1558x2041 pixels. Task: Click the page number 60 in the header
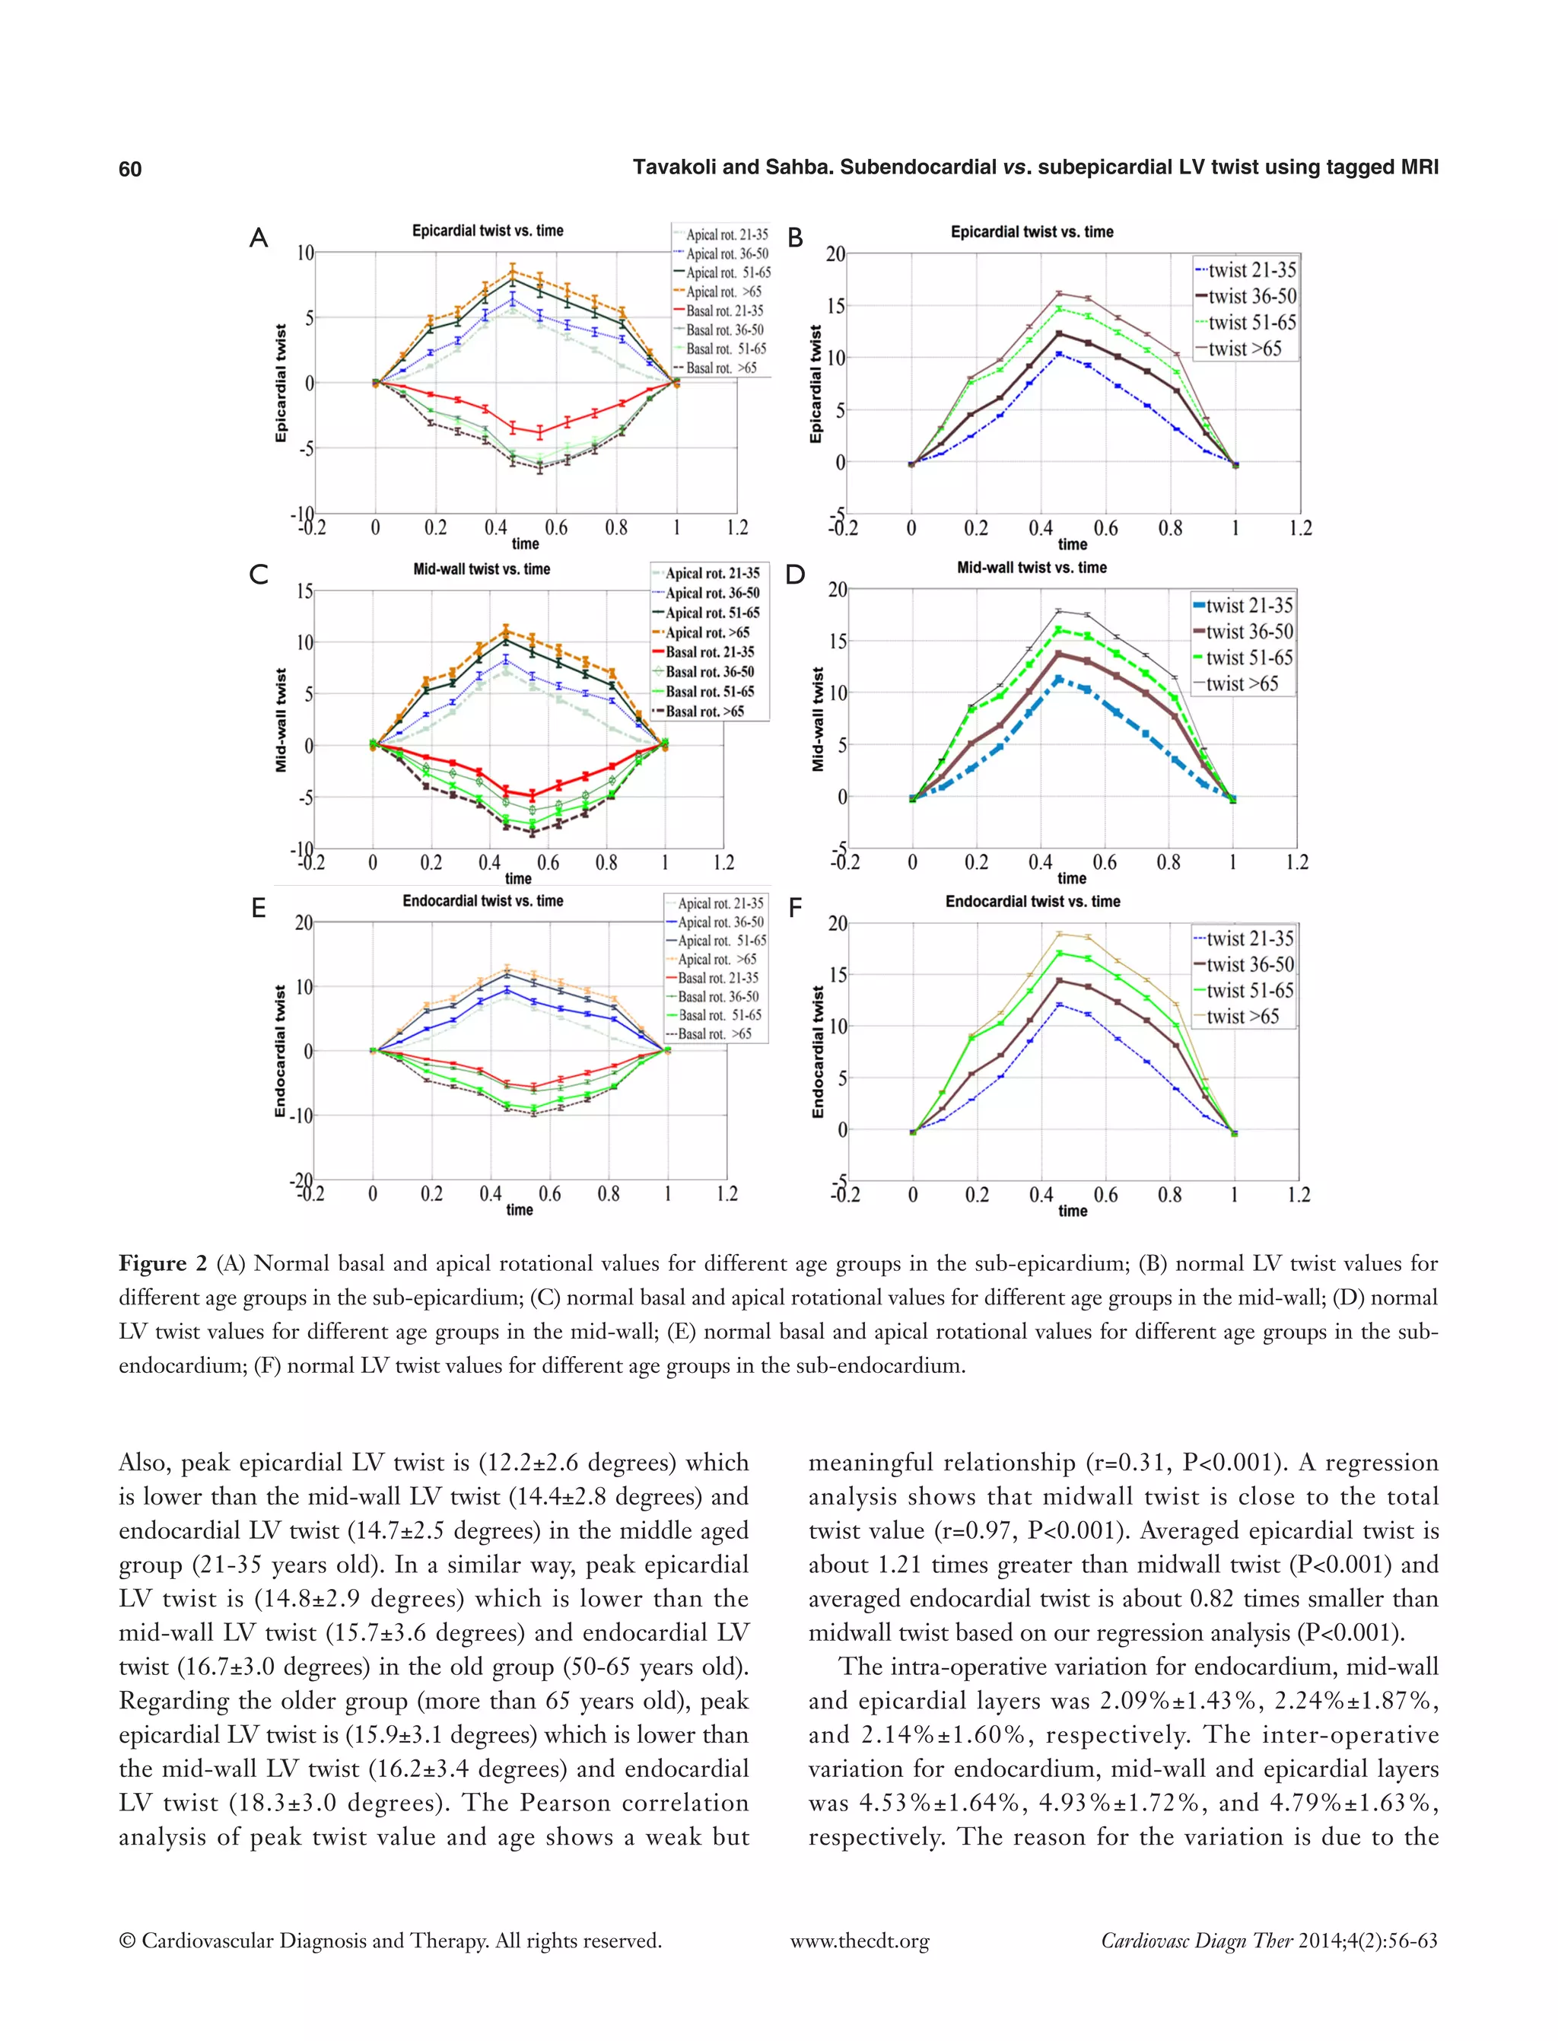[x=130, y=168]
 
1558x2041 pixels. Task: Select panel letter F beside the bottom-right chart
[x=795, y=909]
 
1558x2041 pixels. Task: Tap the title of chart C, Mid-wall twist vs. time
[x=482, y=568]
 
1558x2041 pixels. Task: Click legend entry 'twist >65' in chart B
[x=1245, y=349]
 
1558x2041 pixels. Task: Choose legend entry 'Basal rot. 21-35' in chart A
[x=724, y=310]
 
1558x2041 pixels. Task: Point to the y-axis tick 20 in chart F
[x=838, y=923]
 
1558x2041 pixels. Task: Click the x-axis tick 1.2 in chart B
[x=1300, y=528]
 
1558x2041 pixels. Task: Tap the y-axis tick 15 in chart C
[x=304, y=591]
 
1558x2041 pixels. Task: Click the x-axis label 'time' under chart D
[x=1071, y=877]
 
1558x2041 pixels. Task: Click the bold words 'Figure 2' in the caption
[x=162, y=1263]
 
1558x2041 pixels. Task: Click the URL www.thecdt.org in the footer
[x=859, y=1941]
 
